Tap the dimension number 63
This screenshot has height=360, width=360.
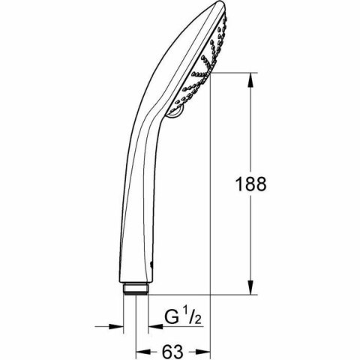point(174,349)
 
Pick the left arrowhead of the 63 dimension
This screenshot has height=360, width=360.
point(140,350)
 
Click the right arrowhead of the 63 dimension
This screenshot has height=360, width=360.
point(204,350)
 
